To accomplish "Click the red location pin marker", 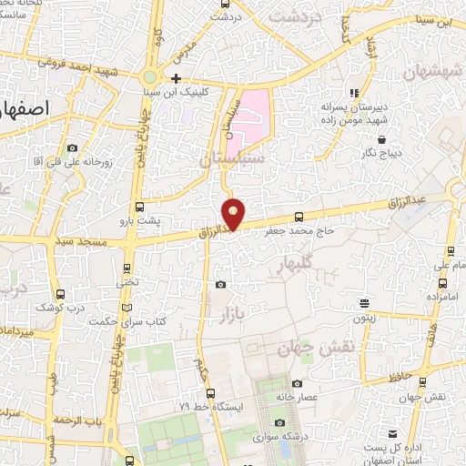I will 234,213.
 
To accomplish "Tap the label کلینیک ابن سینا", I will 182,92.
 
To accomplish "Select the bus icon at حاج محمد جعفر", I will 299,218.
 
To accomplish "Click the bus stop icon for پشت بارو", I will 138,207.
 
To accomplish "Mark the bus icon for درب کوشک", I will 60,294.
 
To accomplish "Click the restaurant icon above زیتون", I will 365,304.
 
